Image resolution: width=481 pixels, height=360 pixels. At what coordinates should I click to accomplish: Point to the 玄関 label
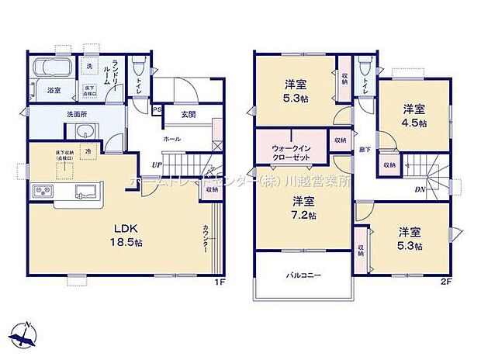[188, 114]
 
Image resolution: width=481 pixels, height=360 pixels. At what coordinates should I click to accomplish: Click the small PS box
[157, 109]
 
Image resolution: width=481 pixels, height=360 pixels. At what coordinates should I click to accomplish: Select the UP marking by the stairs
[157, 164]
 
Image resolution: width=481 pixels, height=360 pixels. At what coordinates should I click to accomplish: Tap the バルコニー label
[302, 275]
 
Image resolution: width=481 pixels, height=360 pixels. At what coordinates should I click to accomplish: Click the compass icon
[28, 335]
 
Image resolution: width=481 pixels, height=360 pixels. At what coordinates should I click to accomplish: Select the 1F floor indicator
[220, 282]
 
